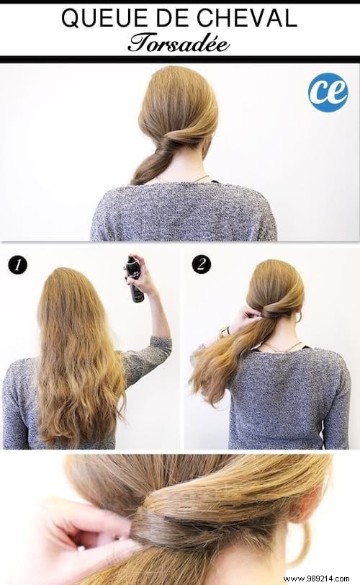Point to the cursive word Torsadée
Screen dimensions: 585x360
tap(179, 43)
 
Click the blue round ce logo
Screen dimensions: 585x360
tap(328, 92)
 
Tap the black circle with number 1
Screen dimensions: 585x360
tap(17, 264)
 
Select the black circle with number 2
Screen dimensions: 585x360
tap(201, 264)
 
